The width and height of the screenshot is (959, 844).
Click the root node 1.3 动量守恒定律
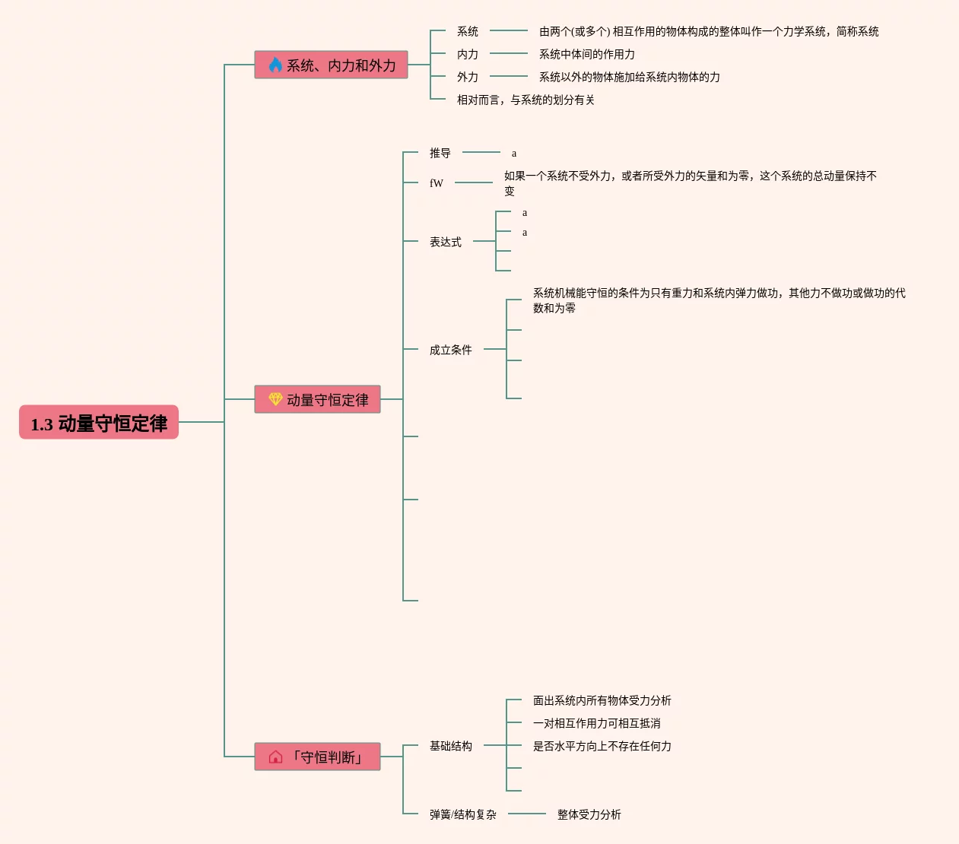[99, 423]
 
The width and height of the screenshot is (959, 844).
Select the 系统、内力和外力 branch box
[331, 65]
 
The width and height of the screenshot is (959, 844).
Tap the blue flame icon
[275, 65]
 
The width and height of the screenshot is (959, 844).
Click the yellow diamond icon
[275, 399]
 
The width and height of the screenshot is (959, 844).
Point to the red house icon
[275, 757]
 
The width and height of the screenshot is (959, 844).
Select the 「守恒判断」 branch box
[317, 757]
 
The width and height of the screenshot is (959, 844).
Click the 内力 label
[468, 55]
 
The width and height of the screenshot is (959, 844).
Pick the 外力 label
[468, 78]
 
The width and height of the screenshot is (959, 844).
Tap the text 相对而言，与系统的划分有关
[526, 100]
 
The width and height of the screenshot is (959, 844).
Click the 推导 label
[440, 154]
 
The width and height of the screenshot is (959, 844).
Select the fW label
[437, 183]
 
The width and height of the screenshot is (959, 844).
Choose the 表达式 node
[446, 243]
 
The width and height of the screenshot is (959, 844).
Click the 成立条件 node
[451, 351]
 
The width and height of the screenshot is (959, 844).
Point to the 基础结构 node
[451, 747]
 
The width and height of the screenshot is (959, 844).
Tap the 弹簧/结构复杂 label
[463, 815]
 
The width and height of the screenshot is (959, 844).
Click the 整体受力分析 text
[589, 815]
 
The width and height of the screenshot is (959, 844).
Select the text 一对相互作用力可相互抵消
[597, 724]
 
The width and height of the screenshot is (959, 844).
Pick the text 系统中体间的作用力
[587, 55]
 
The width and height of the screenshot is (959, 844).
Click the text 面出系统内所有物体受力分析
[602, 701]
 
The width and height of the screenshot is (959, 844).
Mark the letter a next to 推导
[514, 154]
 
